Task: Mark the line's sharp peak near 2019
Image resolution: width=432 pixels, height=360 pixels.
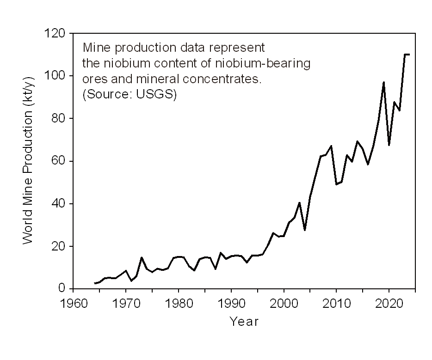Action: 383,83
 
